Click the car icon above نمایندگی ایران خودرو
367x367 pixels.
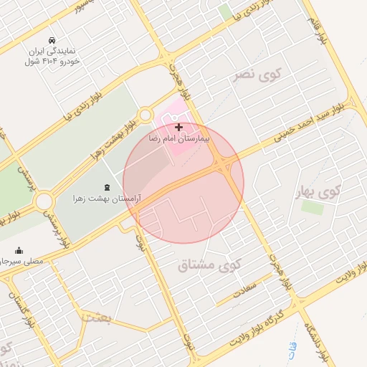[52, 41]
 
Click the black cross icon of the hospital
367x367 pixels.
[178, 126]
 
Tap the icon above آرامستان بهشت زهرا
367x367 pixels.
[108, 186]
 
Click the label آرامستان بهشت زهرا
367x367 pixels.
[107, 196]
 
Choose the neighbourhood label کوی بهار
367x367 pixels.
[316, 191]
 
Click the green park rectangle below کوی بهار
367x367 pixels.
[312, 207]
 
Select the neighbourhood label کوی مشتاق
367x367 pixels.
[210, 265]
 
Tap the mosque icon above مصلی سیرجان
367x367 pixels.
[19, 251]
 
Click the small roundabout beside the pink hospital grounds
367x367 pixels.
[146, 114]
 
